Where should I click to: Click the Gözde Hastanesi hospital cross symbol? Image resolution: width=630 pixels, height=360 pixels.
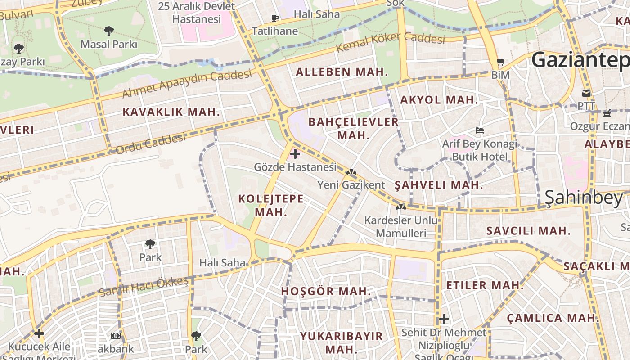click(295, 154)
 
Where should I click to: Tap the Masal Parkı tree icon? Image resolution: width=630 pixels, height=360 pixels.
click(108, 31)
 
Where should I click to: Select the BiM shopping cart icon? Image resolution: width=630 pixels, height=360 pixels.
click(500, 62)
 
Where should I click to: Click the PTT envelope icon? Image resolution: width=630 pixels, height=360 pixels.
click(586, 93)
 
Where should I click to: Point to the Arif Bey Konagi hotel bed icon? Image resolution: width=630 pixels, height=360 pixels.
click(480, 130)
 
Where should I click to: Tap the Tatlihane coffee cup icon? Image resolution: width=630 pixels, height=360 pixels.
click(274, 18)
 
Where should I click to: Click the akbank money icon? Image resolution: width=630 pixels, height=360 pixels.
click(116, 336)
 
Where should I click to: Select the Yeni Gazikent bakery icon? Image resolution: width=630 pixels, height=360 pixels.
click(351, 172)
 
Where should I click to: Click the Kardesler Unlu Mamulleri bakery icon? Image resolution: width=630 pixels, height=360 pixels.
click(400, 207)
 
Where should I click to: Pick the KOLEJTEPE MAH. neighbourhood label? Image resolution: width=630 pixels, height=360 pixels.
click(270, 205)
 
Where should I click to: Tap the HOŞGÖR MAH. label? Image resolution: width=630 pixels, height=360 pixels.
click(326, 291)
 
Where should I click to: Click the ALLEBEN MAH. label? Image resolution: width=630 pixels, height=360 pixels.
click(342, 72)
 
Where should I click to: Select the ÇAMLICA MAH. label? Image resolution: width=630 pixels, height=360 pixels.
click(553, 318)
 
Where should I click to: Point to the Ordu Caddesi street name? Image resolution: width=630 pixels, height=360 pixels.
click(151, 144)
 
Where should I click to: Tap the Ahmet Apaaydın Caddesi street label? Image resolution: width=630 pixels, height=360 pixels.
click(186, 84)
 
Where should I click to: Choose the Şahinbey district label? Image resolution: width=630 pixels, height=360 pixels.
click(584, 197)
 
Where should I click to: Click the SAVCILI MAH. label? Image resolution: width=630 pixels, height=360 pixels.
click(528, 231)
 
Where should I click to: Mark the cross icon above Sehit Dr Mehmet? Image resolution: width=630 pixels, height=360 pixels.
click(444, 319)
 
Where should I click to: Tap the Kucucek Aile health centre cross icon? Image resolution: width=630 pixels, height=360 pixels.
click(39, 333)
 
